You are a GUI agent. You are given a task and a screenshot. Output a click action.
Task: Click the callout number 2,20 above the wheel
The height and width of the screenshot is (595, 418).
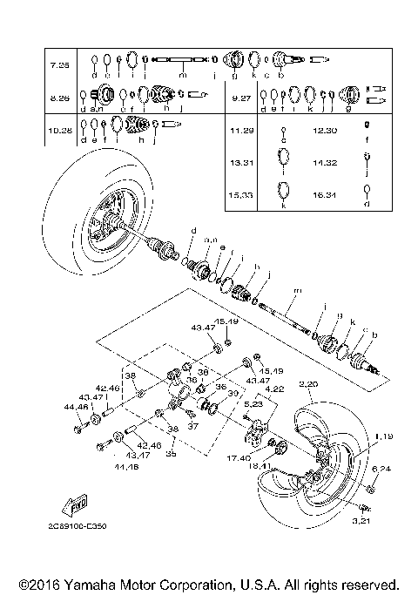(310, 384)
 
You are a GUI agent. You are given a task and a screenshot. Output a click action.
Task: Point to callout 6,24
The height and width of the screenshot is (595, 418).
(381, 469)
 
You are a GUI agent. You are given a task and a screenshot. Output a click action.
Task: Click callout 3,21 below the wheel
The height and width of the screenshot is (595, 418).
(361, 520)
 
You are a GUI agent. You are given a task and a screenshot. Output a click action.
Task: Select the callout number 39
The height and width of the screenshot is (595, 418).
(232, 394)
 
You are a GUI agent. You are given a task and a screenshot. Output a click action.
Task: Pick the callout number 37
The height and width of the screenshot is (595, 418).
(193, 426)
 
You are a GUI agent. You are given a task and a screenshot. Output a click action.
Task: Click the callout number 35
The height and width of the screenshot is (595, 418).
(172, 454)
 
